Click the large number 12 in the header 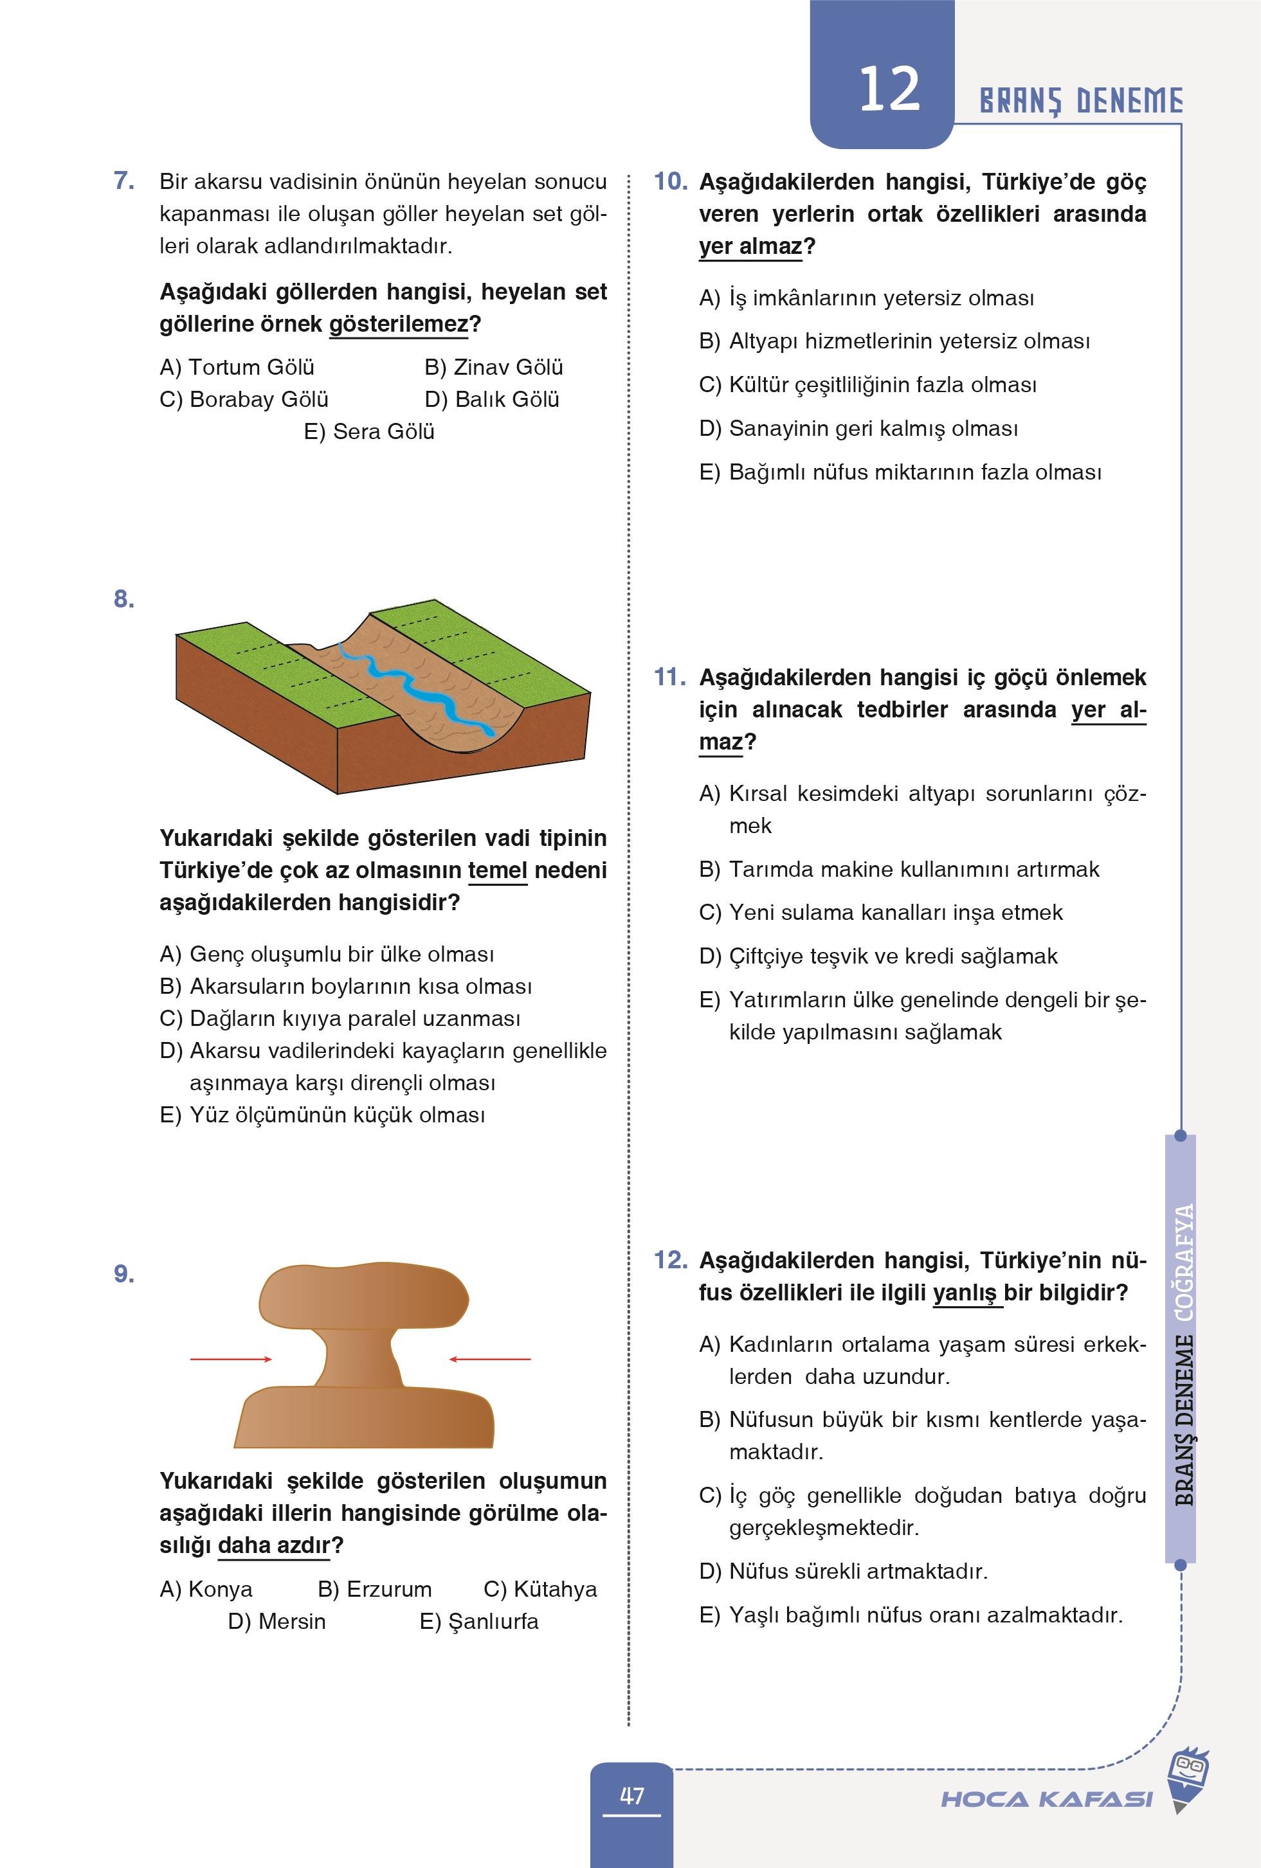point(889,89)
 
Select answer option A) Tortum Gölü point(237,367)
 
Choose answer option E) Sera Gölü point(369,431)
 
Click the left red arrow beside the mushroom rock point(231,1359)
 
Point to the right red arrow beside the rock point(490,1359)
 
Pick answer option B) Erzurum point(375,1589)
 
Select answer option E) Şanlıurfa point(479,1621)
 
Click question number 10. point(670,182)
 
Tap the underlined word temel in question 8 point(497,870)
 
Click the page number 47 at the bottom point(632,1795)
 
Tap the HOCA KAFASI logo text point(1046,1799)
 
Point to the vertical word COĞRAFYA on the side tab point(1184,1262)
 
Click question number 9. point(124,1274)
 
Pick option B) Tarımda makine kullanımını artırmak point(899,869)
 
